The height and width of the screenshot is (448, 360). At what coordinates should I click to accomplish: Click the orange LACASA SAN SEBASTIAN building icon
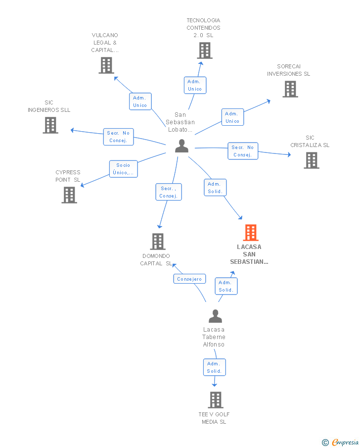pos(251,233)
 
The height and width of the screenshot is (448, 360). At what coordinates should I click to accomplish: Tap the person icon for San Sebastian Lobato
pos(182,146)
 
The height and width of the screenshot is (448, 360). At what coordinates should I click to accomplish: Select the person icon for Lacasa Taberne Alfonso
pos(215,316)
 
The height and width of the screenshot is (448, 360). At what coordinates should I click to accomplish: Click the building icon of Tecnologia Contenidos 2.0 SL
pos(204,50)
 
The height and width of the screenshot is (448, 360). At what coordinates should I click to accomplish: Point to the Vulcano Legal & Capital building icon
pos(106,65)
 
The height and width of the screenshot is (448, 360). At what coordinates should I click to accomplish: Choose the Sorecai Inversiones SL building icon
pos(290,89)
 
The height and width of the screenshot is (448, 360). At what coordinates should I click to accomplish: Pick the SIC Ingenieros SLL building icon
pos(50,125)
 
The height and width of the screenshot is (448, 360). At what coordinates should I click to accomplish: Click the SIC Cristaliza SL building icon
pos(311,160)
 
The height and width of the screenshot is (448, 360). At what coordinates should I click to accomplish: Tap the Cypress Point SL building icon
pos(69,195)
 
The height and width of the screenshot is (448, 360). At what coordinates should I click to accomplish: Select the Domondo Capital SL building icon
pos(157,242)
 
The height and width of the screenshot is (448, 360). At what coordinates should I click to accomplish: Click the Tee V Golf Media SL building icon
pos(215,400)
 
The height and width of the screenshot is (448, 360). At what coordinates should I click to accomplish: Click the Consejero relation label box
pos(189,279)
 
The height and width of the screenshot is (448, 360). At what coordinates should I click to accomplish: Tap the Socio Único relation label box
pos(123,169)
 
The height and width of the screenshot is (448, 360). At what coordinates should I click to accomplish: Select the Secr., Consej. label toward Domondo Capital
pos(168,192)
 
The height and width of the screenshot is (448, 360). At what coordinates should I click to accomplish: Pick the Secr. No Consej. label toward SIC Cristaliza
pos(243,151)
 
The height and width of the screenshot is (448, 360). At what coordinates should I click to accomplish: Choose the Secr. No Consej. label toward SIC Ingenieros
pos(118,137)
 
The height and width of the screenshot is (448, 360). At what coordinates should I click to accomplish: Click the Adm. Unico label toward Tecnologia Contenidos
pos(195,85)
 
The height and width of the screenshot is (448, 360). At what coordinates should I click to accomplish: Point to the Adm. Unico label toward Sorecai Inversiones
pos(232,117)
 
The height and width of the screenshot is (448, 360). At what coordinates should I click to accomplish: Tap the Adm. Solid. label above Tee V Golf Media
pos(214,367)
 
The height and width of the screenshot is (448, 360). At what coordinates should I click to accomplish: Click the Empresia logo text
pos(345,442)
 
